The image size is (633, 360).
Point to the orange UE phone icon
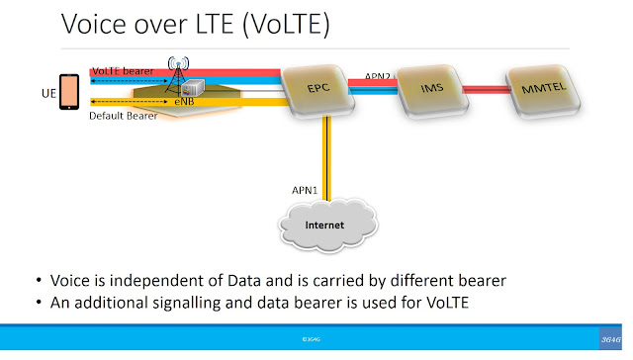point(68,92)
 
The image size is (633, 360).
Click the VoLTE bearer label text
point(123,71)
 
